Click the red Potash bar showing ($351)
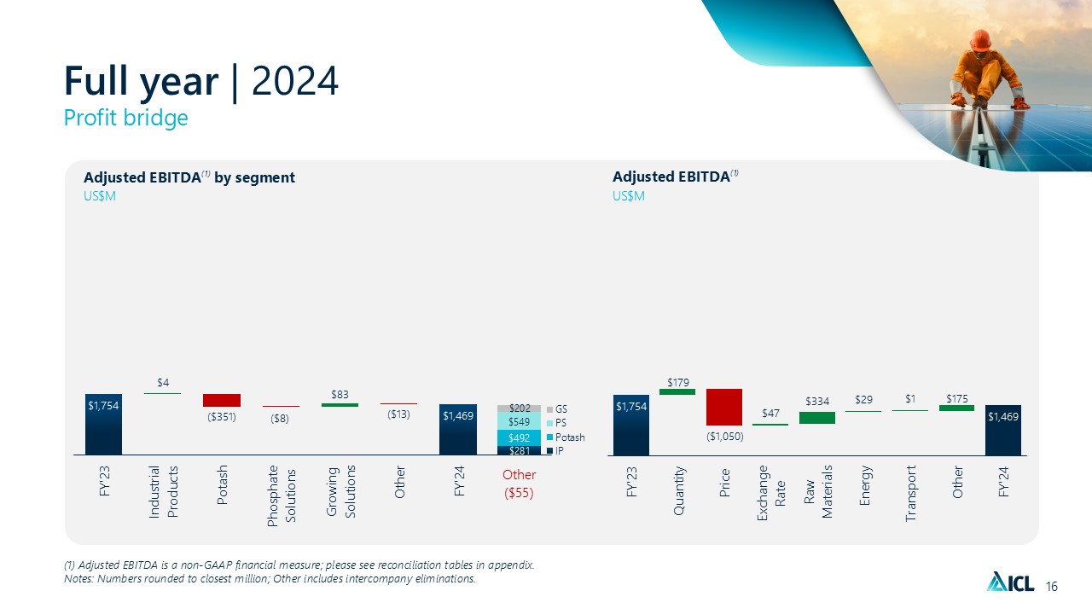221,400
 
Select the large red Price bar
724,407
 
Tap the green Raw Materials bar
817,418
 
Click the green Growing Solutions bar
340,405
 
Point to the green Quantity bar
677,391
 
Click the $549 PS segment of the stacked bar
519,422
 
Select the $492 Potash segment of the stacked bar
519,437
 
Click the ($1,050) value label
724,437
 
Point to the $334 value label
817,401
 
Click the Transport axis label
911,493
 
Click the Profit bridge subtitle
126,118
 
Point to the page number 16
1051,586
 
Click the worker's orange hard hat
980,39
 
